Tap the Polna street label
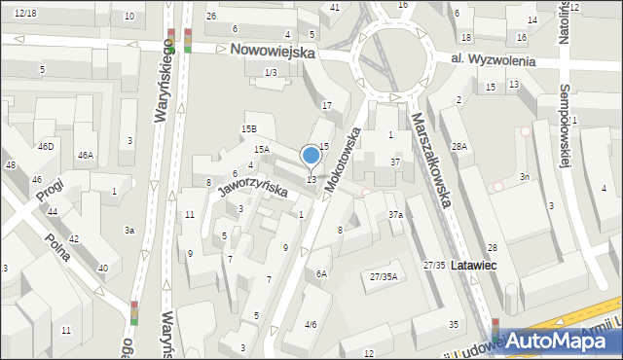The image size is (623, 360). (x=60, y=247)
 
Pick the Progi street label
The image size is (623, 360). (x=49, y=189)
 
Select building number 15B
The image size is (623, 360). (x=249, y=129)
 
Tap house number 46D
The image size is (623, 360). (x=46, y=146)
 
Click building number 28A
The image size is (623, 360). (x=459, y=146)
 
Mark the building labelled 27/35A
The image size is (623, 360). (x=383, y=277)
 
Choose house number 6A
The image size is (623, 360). (x=321, y=274)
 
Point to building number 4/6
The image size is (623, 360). (x=311, y=324)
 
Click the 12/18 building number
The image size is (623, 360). (x=25, y=13)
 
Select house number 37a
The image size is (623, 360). (x=395, y=214)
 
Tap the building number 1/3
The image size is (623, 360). (x=271, y=73)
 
